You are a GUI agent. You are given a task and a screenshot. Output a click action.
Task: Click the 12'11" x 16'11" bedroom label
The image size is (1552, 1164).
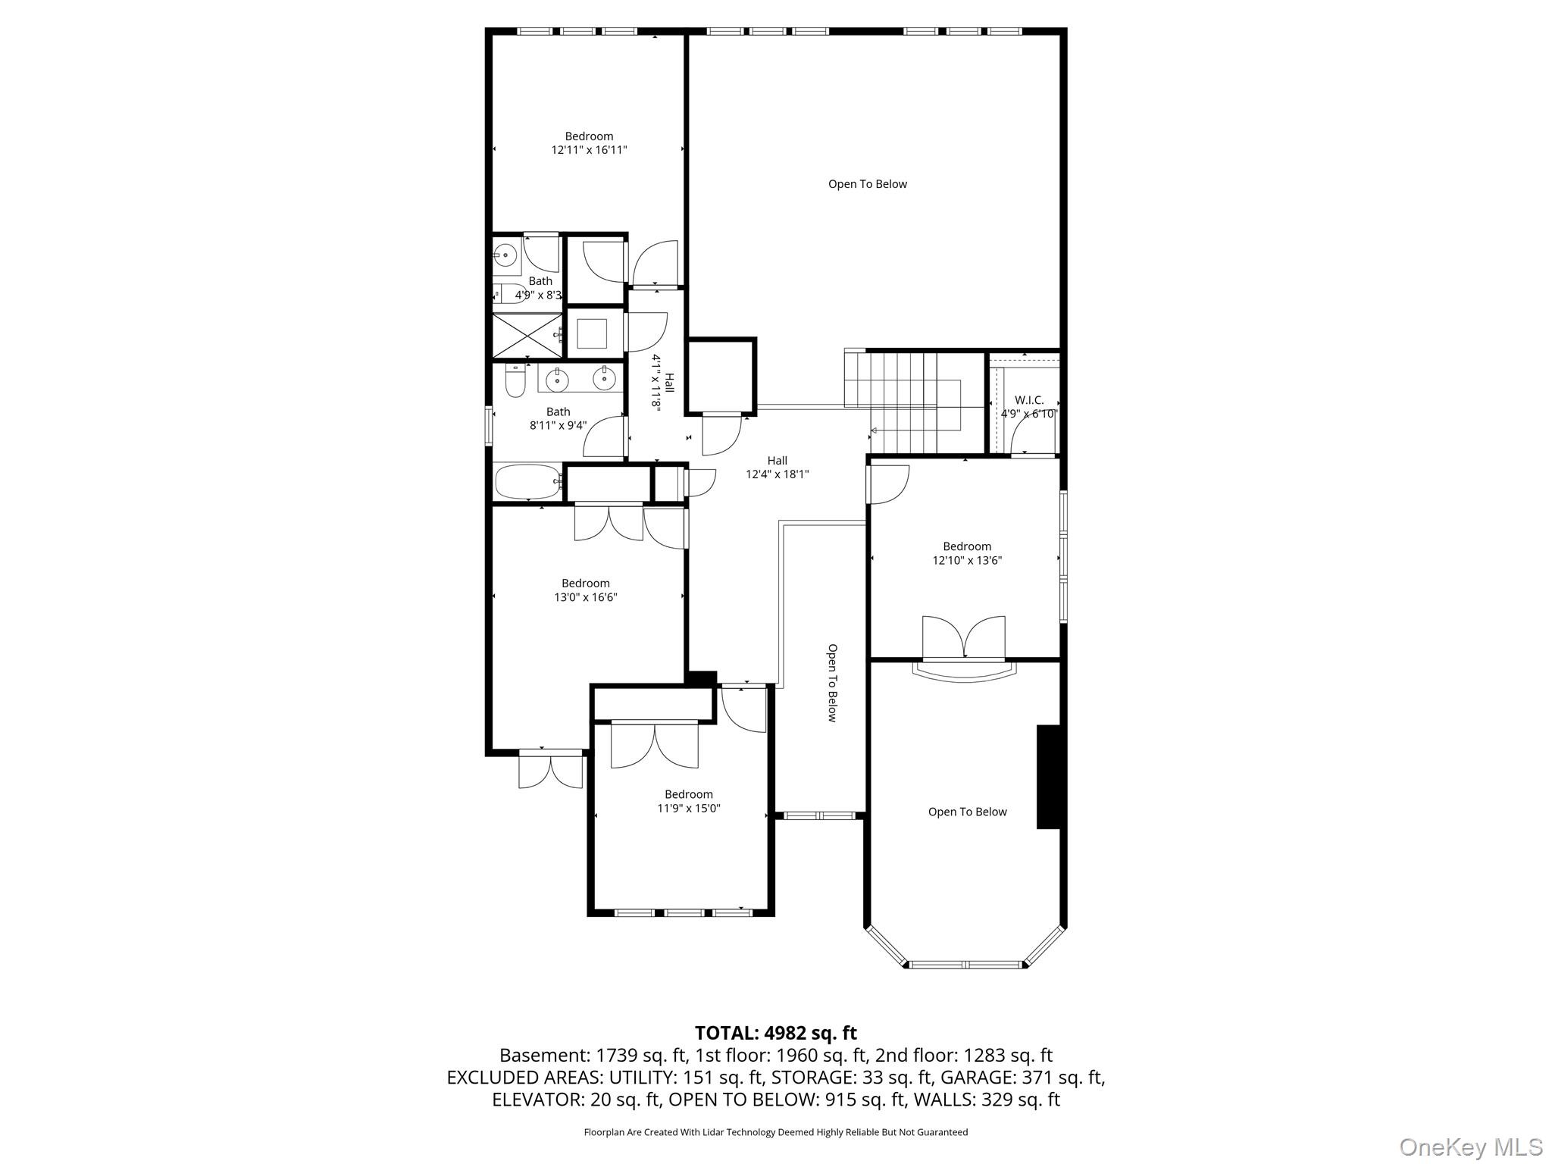(589, 143)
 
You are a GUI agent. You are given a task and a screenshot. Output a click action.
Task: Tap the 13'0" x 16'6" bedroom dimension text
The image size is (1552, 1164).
(585, 597)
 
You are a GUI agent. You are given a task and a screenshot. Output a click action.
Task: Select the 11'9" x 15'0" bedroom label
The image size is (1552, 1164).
(688, 801)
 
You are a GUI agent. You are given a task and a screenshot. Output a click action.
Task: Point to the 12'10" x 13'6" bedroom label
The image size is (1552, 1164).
(966, 553)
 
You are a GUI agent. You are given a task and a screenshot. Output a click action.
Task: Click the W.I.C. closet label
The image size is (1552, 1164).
(1028, 406)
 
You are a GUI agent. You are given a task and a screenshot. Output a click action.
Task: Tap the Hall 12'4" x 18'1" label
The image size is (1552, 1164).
(777, 467)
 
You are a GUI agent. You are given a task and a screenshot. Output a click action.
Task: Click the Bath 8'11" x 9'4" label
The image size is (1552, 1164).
(558, 418)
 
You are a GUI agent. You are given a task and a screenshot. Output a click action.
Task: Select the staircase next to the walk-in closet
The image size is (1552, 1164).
(902, 402)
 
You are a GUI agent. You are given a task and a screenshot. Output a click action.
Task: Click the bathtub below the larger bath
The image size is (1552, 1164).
(527, 481)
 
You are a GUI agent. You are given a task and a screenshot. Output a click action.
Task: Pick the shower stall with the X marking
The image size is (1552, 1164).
(527, 335)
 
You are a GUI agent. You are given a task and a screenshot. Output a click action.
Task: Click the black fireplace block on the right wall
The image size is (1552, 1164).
(1049, 777)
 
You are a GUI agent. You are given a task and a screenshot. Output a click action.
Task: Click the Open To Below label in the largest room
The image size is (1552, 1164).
(867, 184)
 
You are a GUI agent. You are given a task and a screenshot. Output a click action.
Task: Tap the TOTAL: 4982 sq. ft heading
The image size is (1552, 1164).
(775, 1033)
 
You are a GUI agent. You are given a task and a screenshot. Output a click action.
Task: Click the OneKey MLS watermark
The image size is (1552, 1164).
(1470, 1147)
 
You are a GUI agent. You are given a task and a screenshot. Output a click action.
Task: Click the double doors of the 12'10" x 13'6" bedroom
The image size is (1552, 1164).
(963, 638)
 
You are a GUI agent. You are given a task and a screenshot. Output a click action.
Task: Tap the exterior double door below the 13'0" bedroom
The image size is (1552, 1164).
(550, 770)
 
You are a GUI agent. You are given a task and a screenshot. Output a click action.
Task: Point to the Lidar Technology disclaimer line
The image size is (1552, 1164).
(775, 1132)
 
